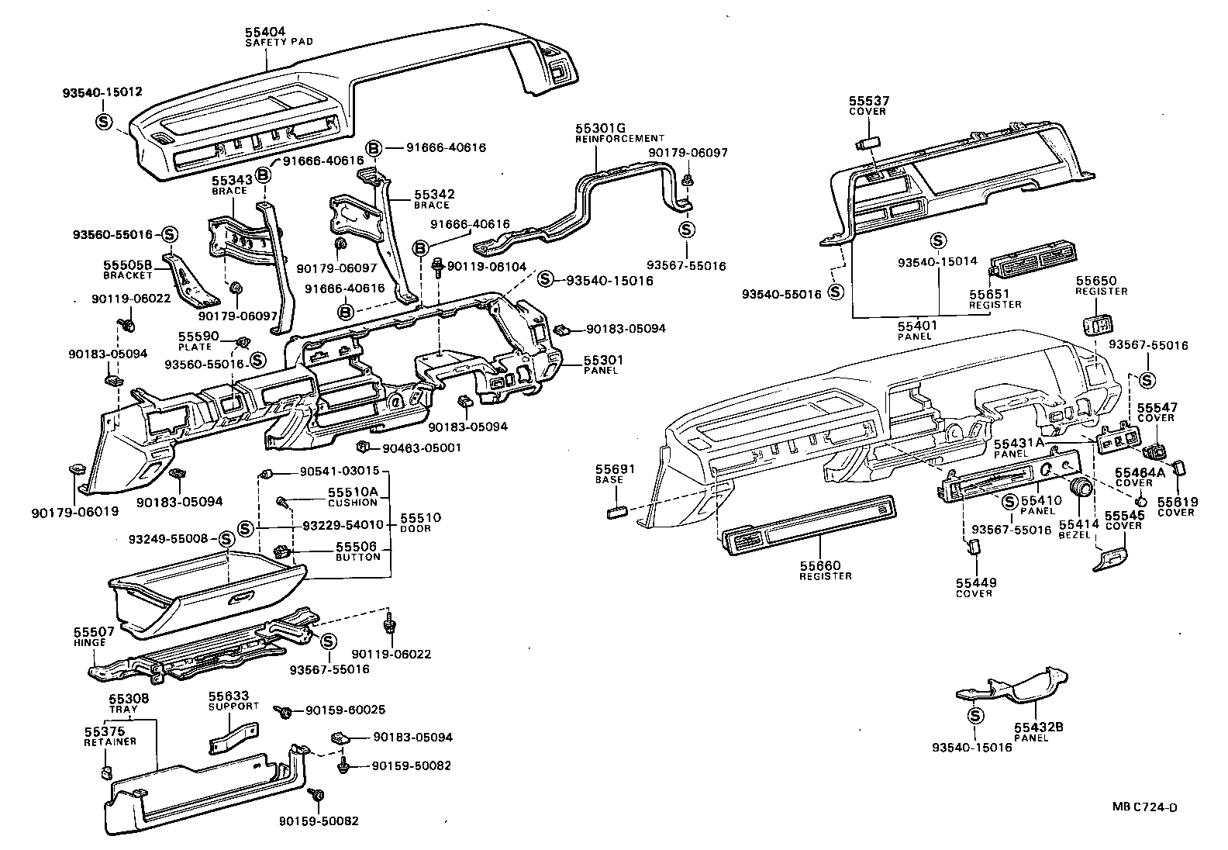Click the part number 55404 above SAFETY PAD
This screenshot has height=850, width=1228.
pyautogui.click(x=265, y=31)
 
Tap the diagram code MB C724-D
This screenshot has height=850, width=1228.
pyautogui.click(x=1144, y=807)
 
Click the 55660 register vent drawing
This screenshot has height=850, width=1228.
pyautogui.click(x=809, y=535)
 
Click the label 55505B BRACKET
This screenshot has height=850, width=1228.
pyautogui.click(x=127, y=269)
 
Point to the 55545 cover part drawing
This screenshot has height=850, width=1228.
pyautogui.click(x=1110, y=558)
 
